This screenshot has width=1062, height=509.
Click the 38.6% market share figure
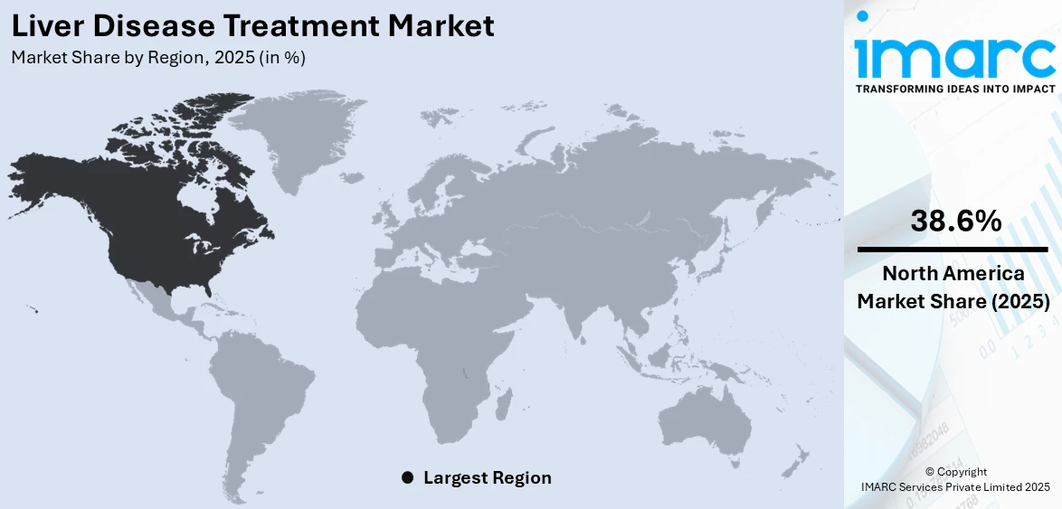pos(955,221)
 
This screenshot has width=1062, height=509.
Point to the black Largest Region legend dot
pos(407,477)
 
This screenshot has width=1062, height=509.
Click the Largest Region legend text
pos(487,477)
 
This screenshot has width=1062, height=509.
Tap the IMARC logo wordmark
pos(954,58)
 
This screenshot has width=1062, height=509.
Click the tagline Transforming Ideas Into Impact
pos(954,89)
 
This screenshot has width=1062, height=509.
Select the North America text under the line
pos(953,273)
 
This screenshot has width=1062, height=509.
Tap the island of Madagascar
pos(504,399)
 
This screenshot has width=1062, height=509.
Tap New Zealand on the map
pos(796,461)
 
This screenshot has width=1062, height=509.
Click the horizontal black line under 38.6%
pos(953,249)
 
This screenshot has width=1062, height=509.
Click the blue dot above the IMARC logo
pos(863,15)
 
